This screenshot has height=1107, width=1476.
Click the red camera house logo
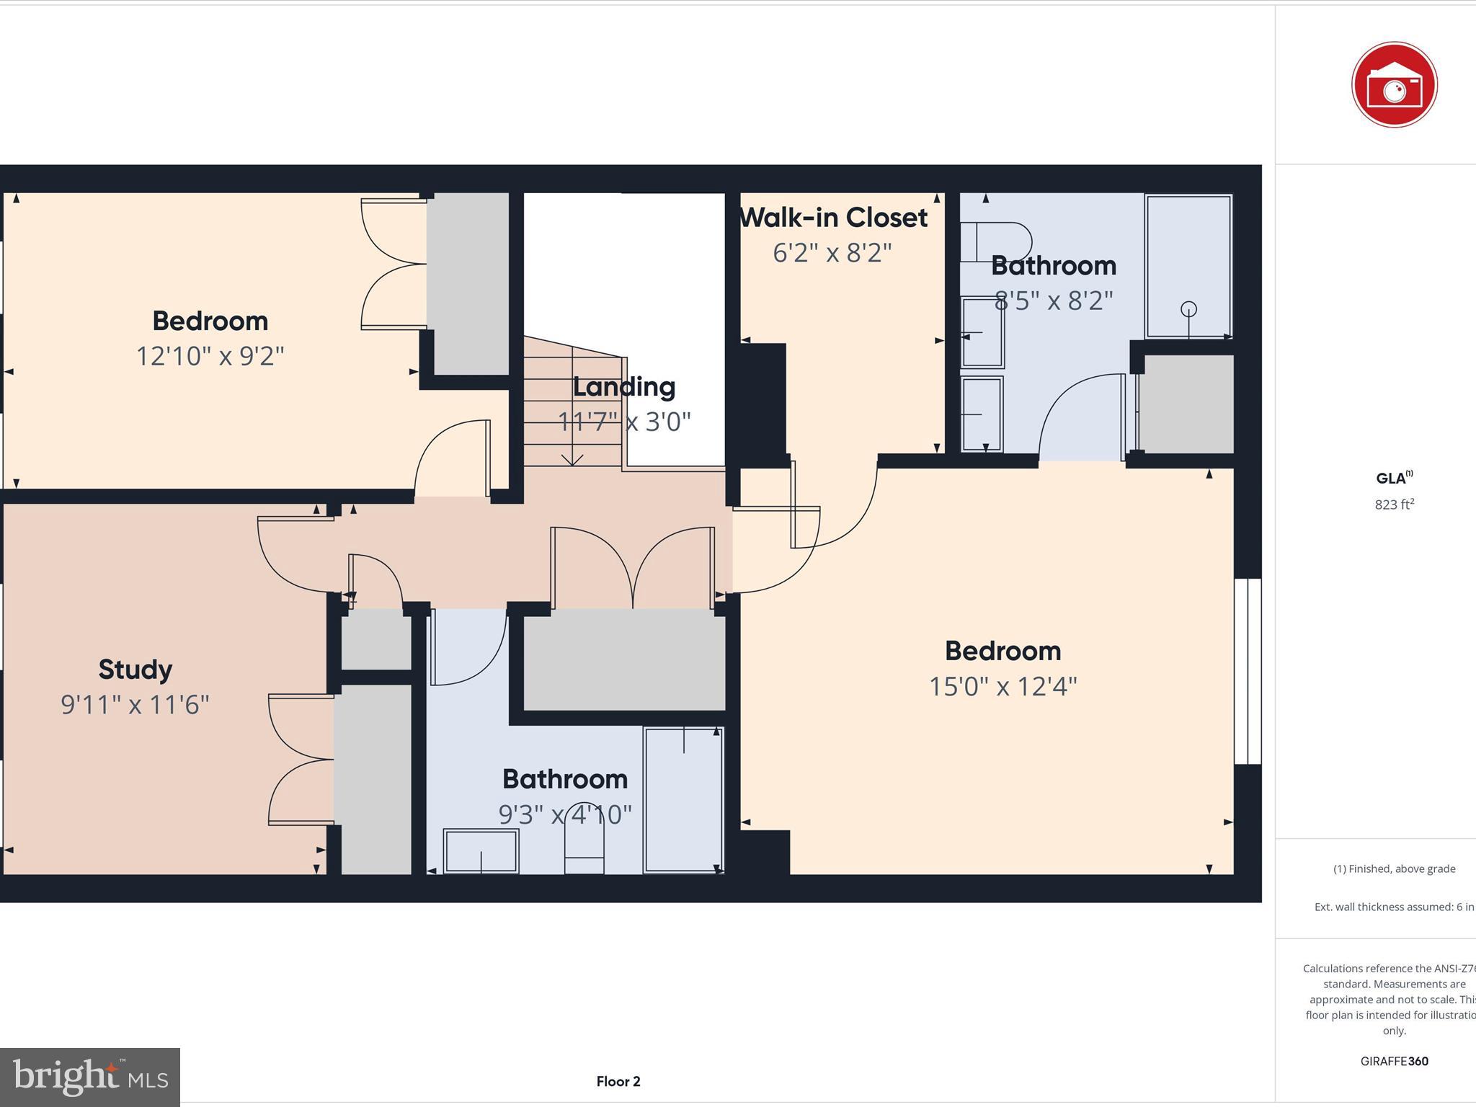[x=1394, y=85]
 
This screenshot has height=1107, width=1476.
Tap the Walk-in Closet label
[x=834, y=218]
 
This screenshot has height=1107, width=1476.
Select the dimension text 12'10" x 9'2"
[x=210, y=356]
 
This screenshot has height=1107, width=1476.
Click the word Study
[x=135, y=670]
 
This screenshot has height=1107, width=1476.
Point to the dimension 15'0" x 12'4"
[x=1002, y=686]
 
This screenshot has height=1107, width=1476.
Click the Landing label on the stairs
[x=623, y=387]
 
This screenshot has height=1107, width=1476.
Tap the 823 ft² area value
[x=1394, y=504]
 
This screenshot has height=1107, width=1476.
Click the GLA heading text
[x=1392, y=479]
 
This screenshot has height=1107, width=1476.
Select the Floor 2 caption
[x=618, y=1081]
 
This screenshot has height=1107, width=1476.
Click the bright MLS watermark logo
[x=90, y=1077]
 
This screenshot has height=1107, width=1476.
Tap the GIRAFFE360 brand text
[x=1394, y=1061]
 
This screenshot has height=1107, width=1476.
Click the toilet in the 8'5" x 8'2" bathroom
[x=998, y=242]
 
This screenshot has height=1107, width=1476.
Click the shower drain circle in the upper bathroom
[x=1188, y=309]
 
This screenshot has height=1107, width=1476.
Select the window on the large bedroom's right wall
[x=1248, y=671]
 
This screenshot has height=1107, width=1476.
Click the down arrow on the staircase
[x=572, y=459]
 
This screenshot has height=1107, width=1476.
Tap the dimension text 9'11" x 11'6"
[x=135, y=705]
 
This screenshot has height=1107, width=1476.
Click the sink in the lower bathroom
[x=481, y=851]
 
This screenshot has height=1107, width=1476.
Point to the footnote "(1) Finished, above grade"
[x=1394, y=868]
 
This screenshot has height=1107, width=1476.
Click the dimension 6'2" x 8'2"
[x=832, y=253]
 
